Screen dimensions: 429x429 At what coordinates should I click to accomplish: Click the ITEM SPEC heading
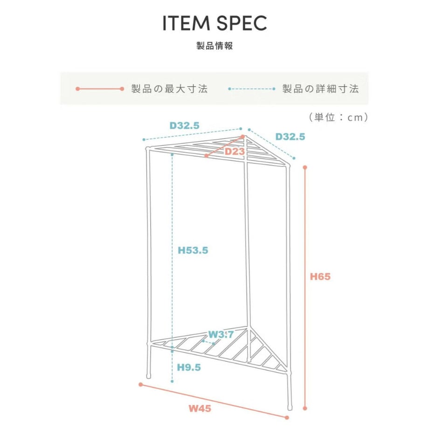tap(214, 23)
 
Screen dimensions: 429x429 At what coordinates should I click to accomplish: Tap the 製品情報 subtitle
tap(214, 46)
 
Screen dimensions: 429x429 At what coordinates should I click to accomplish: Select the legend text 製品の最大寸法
tap(169, 89)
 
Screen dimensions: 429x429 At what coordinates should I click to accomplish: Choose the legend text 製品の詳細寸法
tap(320, 89)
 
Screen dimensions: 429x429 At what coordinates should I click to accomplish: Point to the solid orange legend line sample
tap(100, 89)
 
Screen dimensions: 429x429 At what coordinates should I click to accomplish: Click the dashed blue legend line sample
tap(252, 89)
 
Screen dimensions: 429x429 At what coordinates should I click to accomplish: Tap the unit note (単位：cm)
tap(339, 118)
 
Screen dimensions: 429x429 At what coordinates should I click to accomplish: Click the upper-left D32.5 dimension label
tap(185, 125)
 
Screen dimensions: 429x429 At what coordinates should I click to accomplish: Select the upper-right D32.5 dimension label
tap(290, 137)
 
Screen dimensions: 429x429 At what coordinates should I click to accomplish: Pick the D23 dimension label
tap(235, 151)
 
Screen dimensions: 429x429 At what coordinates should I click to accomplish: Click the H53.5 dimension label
tap(193, 250)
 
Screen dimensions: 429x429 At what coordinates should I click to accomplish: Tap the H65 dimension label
tap(320, 277)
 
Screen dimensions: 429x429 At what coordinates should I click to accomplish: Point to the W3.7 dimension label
tap(221, 334)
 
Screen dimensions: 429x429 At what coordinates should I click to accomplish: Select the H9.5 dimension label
tap(189, 367)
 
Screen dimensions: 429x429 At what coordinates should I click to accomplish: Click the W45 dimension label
tap(200, 408)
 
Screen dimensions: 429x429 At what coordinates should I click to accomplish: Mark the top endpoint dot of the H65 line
tap(305, 167)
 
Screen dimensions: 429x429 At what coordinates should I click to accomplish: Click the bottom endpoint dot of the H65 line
tap(305, 408)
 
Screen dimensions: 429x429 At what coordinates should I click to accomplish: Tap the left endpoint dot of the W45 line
tap(141, 385)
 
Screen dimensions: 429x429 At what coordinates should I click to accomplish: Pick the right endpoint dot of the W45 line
tap(287, 418)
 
